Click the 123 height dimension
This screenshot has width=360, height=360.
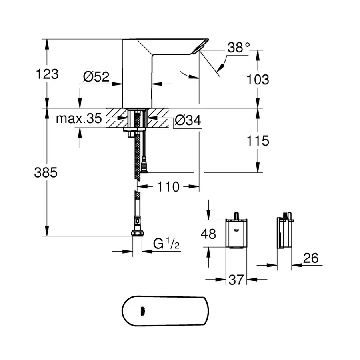pyautogui.click(x=47, y=74)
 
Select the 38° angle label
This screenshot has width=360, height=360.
pyautogui.click(x=238, y=48)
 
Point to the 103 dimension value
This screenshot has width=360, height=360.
pyautogui.click(x=258, y=80)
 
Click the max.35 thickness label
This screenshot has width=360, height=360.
pyautogui.click(x=78, y=118)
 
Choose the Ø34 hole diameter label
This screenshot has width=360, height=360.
pyautogui.click(x=187, y=120)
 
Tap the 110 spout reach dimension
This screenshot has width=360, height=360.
pyautogui.click(x=168, y=186)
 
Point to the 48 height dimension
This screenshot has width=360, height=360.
pyautogui.click(x=208, y=234)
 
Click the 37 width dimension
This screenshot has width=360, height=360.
pyautogui.click(x=236, y=280)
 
